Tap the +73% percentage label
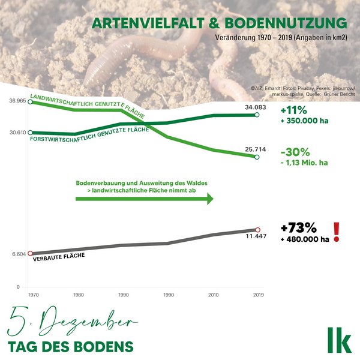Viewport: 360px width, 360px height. [298, 228]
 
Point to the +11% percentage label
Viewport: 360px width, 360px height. [293, 110]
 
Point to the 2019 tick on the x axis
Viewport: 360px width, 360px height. [258, 295]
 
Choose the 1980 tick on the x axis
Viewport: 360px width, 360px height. [76, 295]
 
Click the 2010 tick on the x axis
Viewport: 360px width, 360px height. [213, 295]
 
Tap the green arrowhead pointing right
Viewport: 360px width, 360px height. [210, 199]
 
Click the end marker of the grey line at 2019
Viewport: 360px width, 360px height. [258, 230]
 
